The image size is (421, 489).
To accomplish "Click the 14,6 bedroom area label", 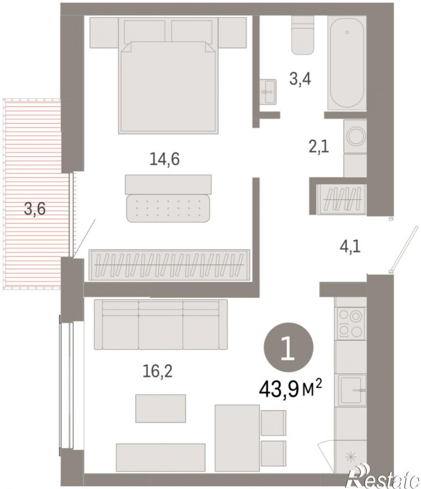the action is (x=165, y=159).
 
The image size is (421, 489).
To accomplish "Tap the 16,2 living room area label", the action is (x=157, y=371).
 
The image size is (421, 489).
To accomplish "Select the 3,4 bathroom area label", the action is (x=300, y=79).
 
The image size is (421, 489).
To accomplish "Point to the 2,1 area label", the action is (x=319, y=146).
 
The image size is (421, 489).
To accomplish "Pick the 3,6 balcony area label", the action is (x=35, y=208).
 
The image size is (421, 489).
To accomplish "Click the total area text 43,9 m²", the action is (x=290, y=390).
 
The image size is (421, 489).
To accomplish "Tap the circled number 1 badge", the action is (x=289, y=348).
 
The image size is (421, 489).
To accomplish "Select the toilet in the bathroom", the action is (x=303, y=35).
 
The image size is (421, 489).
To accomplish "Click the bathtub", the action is (x=347, y=63).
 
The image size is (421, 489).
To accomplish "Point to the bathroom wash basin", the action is (x=268, y=91).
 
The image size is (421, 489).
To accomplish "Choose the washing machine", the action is (x=355, y=136).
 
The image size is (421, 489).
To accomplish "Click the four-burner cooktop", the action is (x=350, y=323).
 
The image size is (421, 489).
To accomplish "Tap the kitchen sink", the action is (x=351, y=390).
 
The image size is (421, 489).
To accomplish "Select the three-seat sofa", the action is (x=161, y=324).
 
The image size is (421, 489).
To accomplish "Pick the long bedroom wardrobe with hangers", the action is (x=170, y=265).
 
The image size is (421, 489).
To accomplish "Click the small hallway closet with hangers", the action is (x=342, y=199).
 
